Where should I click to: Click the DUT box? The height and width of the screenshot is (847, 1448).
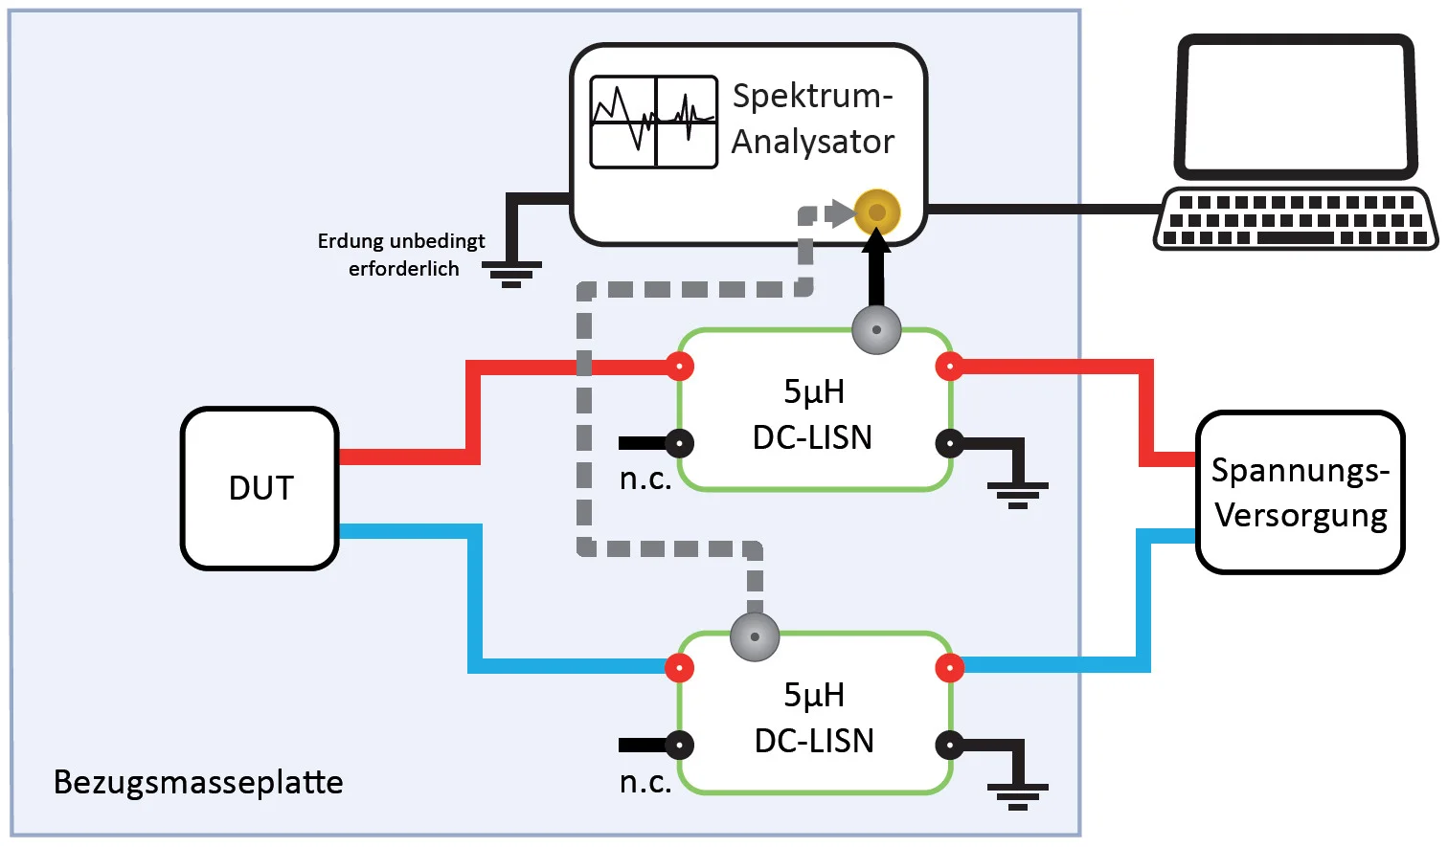click(260, 488)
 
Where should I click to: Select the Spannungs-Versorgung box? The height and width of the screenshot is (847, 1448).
click(1300, 493)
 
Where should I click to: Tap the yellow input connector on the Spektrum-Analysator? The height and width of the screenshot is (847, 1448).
click(877, 212)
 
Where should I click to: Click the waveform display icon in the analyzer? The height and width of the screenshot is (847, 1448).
click(654, 123)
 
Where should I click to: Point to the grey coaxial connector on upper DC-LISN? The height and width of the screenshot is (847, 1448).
click(876, 330)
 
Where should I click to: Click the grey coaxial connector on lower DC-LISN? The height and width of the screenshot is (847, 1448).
click(755, 636)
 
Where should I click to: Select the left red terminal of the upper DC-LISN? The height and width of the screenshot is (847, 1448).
click(680, 366)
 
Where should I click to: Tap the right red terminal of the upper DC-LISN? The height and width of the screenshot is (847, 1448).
click(949, 366)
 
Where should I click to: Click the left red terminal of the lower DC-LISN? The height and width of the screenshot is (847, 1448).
click(680, 668)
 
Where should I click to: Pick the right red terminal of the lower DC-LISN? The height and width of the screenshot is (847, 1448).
click(949, 668)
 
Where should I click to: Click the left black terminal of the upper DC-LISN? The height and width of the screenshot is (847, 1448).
click(680, 443)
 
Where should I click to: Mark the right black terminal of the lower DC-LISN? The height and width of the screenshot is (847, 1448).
click(949, 745)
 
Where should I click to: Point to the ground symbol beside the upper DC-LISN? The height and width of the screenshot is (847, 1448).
click(1018, 493)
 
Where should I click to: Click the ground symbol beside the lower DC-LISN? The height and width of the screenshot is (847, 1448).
click(1018, 795)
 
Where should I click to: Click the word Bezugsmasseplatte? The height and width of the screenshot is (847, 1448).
click(198, 782)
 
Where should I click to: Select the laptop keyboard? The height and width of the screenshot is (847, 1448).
click(1296, 219)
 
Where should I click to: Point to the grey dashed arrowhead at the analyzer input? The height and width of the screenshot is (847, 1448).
click(842, 212)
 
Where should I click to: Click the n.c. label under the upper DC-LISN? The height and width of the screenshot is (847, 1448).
click(645, 479)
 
